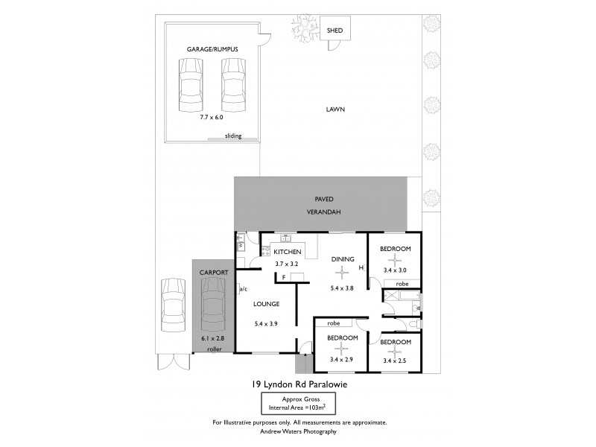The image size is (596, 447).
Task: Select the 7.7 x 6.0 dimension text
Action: pyautogui.click(x=212, y=118)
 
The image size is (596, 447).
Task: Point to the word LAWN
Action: pyautogui.click(x=335, y=109)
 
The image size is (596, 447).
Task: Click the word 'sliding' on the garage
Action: pyautogui.click(x=233, y=137)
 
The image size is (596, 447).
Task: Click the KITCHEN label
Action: pyautogui.click(x=287, y=253)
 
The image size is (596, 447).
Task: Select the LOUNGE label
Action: pyautogui.click(x=266, y=304)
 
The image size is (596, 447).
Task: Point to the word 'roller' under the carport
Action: pyautogui.click(x=215, y=349)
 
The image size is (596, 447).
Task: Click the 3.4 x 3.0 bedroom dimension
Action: pyautogui.click(x=392, y=270)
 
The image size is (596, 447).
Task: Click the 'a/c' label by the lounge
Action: pyautogui.click(x=243, y=288)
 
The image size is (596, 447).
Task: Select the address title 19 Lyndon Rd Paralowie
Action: pyautogui.click(x=297, y=384)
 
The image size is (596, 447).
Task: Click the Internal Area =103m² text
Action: pyautogui.click(x=298, y=409)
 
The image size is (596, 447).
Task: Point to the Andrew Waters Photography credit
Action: pyautogui.click(x=298, y=431)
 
